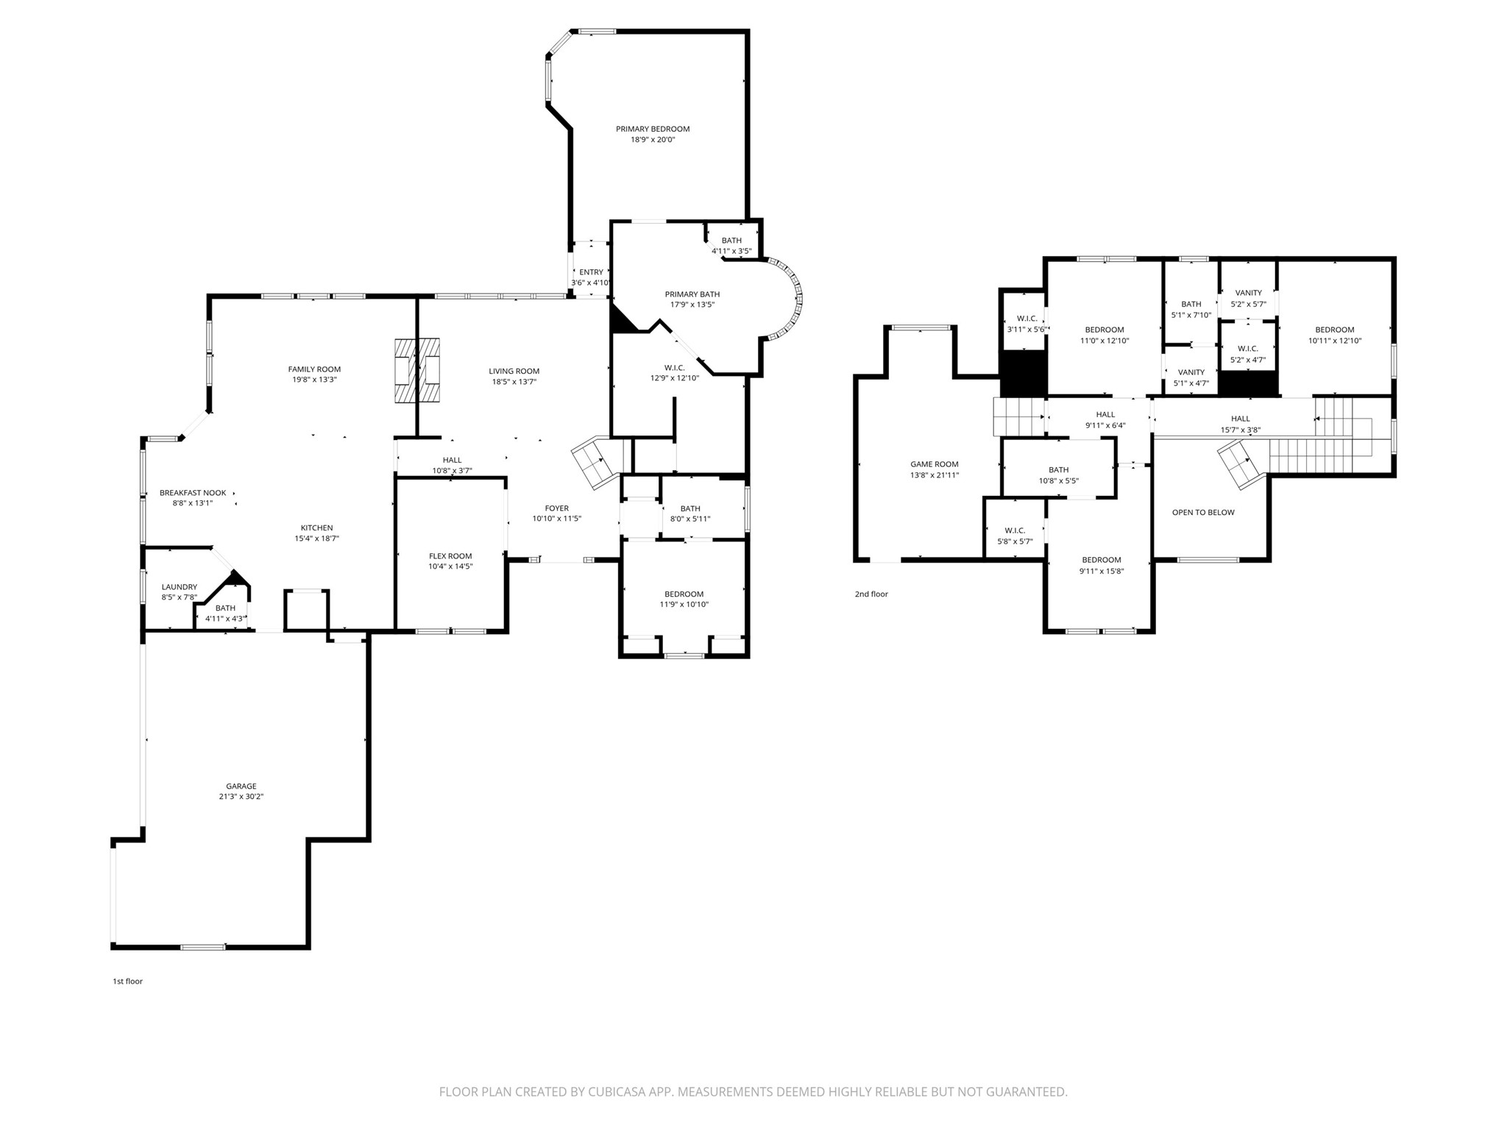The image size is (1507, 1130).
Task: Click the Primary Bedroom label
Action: [653, 129]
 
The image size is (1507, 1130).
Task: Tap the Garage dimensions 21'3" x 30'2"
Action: [241, 797]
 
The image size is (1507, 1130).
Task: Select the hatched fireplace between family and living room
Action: [417, 371]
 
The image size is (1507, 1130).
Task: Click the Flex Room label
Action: [450, 556]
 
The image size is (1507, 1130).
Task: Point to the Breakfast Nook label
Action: [193, 493]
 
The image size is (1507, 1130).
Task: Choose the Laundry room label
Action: [180, 587]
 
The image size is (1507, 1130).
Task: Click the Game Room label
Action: [934, 464]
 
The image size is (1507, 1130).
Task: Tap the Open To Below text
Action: [1203, 513]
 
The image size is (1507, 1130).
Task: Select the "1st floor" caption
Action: [127, 981]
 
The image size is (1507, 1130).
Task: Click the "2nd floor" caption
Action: [871, 594]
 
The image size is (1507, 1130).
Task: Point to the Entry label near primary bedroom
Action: [591, 272]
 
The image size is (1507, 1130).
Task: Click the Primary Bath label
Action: [692, 294]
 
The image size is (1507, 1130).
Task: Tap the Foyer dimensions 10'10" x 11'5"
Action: [556, 519]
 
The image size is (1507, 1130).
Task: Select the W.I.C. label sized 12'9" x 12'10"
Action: [674, 368]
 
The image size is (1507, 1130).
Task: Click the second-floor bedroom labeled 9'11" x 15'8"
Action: [1101, 566]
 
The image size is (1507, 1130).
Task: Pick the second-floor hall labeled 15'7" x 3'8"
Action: [1240, 424]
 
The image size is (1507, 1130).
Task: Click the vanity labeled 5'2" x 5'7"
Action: [1248, 298]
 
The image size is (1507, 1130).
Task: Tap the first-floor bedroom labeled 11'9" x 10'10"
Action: [684, 599]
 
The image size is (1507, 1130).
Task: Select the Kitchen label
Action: [316, 527]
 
